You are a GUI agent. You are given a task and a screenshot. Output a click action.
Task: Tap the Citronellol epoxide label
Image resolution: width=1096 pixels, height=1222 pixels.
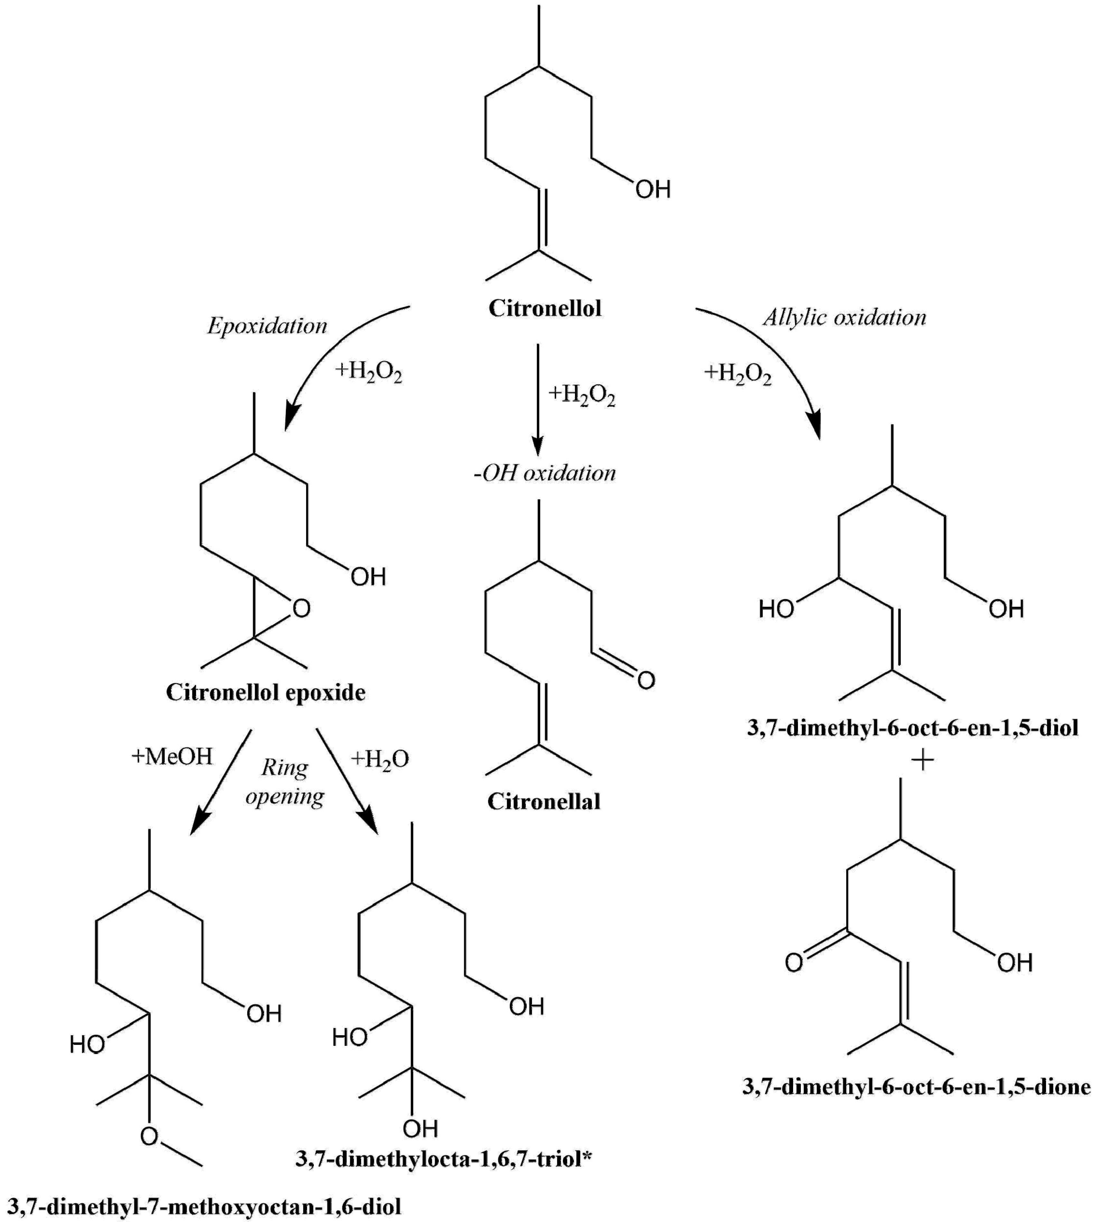(266, 693)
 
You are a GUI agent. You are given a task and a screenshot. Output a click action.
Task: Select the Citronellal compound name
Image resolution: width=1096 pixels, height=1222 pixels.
(544, 802)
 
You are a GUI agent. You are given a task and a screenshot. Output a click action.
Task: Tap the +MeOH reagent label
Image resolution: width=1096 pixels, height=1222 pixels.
(172, 757)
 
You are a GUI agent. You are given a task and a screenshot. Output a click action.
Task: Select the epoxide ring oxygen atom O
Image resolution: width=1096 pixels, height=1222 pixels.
(301, 609)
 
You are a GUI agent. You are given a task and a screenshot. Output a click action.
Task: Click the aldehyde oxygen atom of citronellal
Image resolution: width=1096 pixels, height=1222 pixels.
(646, 681)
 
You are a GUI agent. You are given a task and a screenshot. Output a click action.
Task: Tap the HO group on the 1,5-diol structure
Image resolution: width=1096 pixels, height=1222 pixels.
(776, 609)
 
